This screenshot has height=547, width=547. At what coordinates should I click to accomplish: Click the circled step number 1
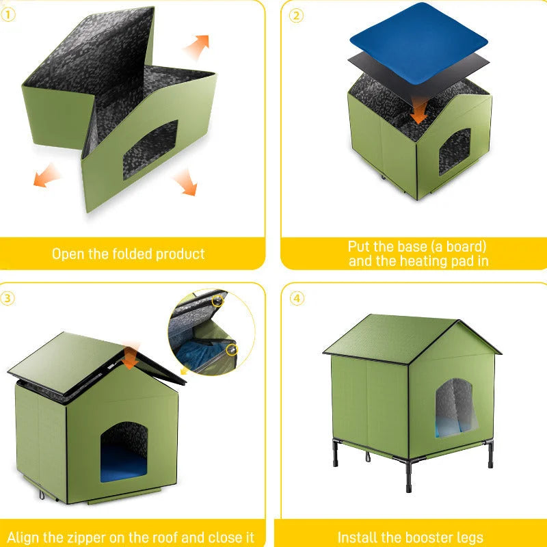tap(8, 15)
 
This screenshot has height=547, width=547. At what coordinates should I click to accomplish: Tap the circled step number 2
tap(296, 15)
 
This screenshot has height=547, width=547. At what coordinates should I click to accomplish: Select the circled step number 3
tap(8, 297)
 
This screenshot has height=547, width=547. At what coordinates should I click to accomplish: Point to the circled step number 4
tap(296, 297)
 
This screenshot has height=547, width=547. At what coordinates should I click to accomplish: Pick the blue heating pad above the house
tap(418, 31)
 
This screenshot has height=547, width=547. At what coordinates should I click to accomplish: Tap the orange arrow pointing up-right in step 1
tap(198, 48)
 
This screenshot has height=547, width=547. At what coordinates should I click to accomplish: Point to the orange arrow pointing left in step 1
tap(46, 177)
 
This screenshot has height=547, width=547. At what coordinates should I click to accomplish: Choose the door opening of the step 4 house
tap(455, 408)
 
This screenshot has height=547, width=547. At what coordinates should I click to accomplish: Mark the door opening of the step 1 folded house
tap(150, 150)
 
